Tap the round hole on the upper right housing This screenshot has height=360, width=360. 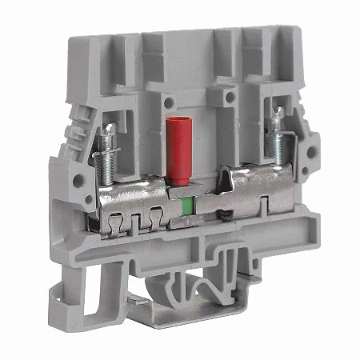(x=232, y=97)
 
